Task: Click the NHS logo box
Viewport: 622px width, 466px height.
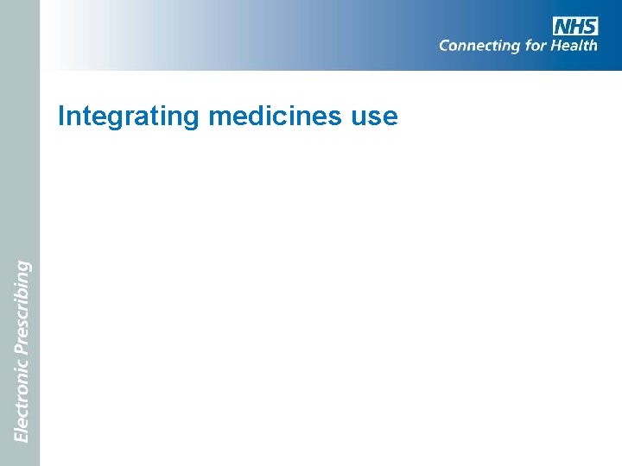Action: tap(575, 26)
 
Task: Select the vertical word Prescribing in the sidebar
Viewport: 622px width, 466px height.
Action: tap(22, 307)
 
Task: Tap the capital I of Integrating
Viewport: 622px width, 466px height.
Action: tap(61, 116)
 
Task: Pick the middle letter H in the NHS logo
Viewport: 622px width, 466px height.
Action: tap(576, 26)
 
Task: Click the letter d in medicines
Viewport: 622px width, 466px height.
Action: tap(250, 116)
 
